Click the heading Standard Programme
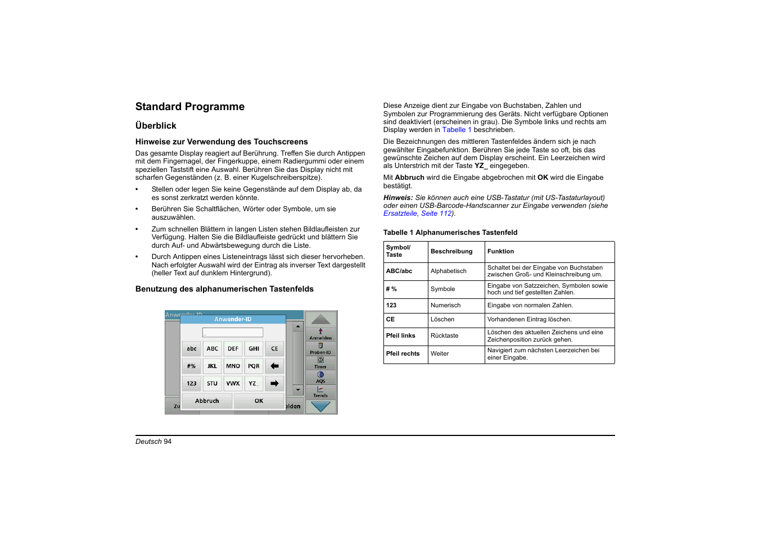pyautogui.click(x=189, y=107)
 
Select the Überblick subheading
pyautogui.click(x=156, y=126)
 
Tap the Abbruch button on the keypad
pyautogui.click(x=207, y=401)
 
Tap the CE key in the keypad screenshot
pyautogui.click(x=274, y=349)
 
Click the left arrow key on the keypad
pyautogui.click(x=274, y=366)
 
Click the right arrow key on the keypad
pyautogui.click(x=274, y=384)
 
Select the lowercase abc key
pyautogui.click(x=192, y=349)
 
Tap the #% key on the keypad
pyautogui.click(x=192, y=366)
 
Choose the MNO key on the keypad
pyautogui.click(x=233, y=366)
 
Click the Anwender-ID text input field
pyautogui.click(x=233, y=333)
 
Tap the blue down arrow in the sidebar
pyautogui.click(x=320, y=407)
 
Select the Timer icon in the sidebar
pyautogui.click(x=320, y=362)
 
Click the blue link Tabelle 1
pyautogui.click(x=457, y=130)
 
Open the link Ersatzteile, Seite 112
pyautogui.click(x=418, y=214)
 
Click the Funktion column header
pyautogui.click(x=500, y=252)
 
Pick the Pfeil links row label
pyautogui.click(x=400, y=336)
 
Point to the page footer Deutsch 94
pyautogui.click(x=153, y=442)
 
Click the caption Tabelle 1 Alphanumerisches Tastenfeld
pyautogui.click(x=450, y=233)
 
